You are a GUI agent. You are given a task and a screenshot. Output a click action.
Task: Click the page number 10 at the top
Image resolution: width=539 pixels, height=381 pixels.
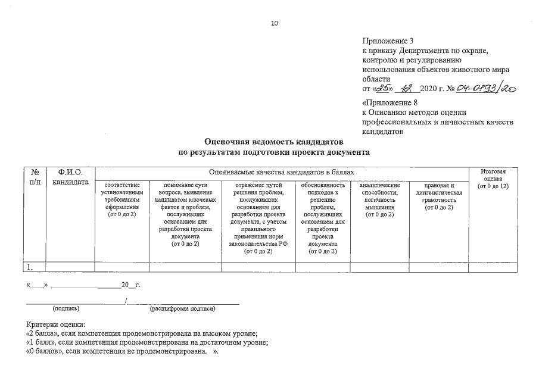(274, 24)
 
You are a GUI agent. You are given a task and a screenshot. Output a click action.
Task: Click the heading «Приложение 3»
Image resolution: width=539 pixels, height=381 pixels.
(387, 40)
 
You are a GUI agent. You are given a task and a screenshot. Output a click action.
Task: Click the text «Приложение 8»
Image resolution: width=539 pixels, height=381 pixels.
(387, 102)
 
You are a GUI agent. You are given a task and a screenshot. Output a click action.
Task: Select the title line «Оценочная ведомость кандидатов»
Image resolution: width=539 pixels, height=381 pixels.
(274, 142)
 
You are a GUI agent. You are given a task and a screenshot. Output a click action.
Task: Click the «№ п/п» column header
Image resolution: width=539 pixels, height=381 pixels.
(34, 176)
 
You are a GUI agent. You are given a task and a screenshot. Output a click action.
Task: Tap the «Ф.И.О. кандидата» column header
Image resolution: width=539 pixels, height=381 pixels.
(70, 176)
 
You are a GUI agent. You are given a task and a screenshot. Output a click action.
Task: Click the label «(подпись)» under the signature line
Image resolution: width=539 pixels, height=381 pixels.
(66, 309)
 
